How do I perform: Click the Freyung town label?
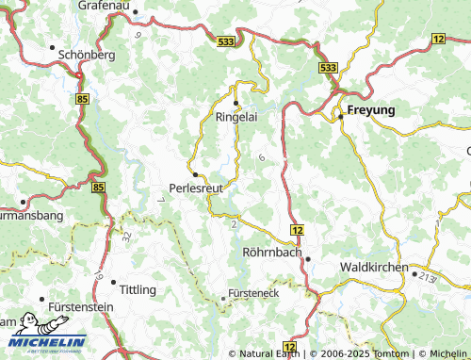coord(371,110)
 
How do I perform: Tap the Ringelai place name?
coord(235,119)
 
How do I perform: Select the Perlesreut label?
coord(195,188)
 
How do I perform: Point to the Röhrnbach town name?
coord(271,253)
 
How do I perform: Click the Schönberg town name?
coord(87,55)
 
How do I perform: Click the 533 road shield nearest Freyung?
coord(327,69)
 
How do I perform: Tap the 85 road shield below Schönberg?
coord(83,98)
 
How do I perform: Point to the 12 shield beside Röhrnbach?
coord(297,230)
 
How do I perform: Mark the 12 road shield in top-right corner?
coord(438,38)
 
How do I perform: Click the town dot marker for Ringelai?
coord(235,103)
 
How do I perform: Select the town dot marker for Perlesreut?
coord(195,174)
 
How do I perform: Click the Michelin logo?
coord(42,334)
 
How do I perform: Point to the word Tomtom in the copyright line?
coord(393,353)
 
